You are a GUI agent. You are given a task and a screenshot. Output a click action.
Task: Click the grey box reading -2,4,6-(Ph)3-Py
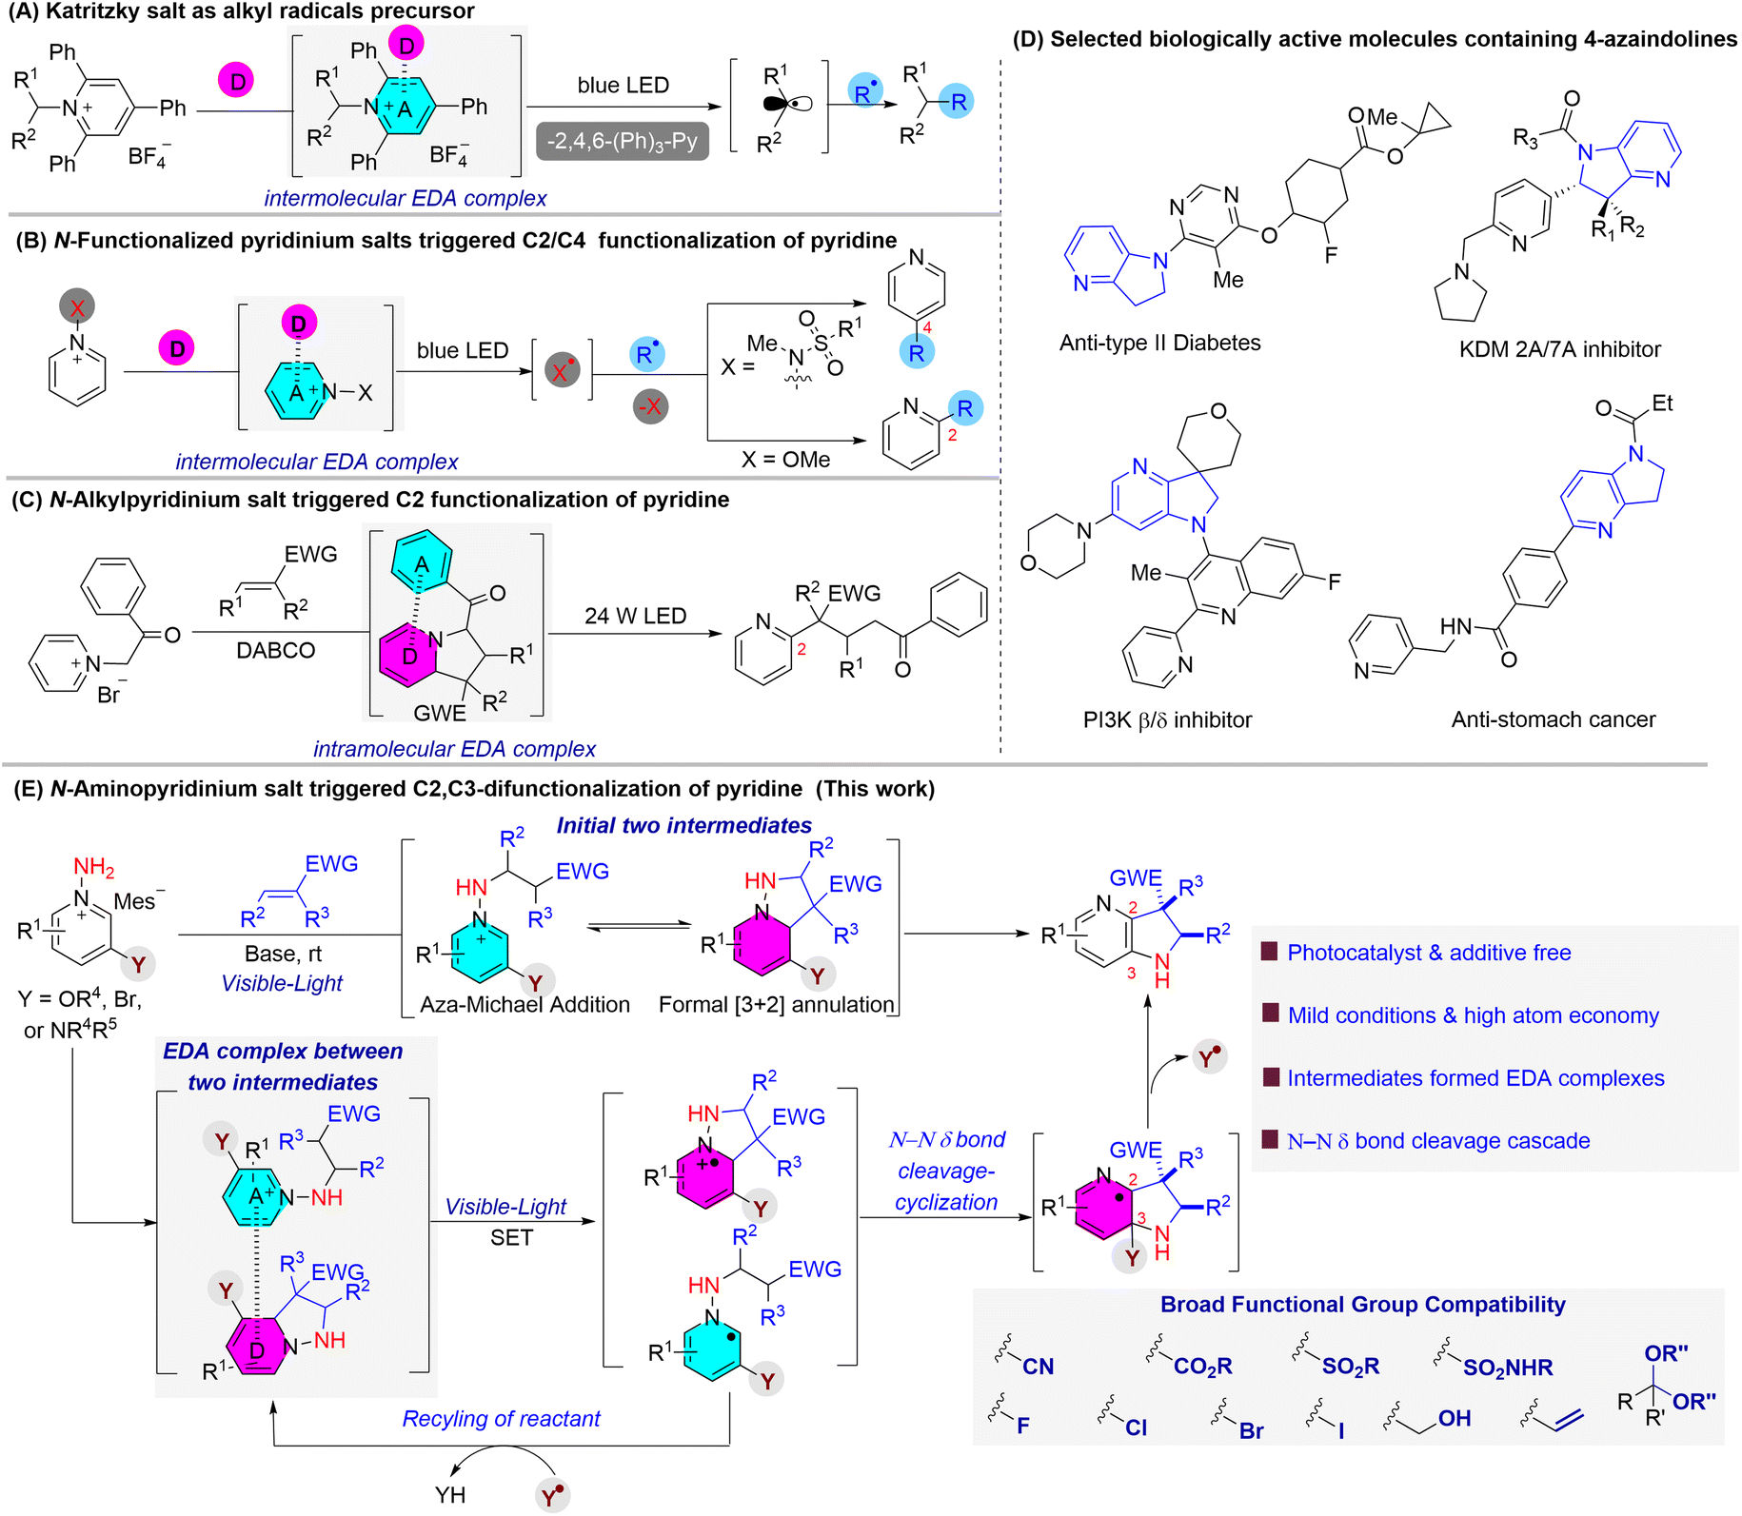[622, 143]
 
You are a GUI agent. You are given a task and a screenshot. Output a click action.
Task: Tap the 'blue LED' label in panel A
[623, 86]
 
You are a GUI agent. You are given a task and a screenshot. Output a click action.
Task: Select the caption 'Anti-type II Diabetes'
[1159, 343]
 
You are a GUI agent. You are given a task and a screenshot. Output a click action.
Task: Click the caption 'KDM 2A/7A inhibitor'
[1559, 349]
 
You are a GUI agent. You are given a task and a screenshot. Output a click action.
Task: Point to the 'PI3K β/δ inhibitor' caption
[1167, 719]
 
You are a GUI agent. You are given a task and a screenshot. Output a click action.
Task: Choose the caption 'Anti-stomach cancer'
[1553, 719]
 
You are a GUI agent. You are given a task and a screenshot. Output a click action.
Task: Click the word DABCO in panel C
[275, 651]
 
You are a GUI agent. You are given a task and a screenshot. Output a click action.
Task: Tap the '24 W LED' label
[635, 616]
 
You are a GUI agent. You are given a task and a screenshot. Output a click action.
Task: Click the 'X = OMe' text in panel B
[785, 460]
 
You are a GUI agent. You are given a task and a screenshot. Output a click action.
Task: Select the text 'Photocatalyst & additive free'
[1428, 953]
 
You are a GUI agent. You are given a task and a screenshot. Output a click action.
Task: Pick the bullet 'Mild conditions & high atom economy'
[1472, 1015]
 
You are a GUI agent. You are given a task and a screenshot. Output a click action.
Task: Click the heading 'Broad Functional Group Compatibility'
[1362, 1305]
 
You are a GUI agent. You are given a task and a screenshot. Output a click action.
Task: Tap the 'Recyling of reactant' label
[501, 1419]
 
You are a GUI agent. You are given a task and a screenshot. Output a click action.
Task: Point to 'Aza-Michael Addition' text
[525, 1004]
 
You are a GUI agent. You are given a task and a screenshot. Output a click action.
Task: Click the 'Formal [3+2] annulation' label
[776, 1004]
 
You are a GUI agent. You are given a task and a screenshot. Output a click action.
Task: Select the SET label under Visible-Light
[511, 1237]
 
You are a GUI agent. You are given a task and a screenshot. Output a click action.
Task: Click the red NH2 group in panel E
[93, 867]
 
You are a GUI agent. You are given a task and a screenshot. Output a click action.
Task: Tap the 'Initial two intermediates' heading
[683, 825]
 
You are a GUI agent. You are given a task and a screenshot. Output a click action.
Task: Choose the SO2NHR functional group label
[1507, 1368]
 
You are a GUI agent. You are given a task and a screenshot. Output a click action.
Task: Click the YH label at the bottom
[450, 1494]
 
